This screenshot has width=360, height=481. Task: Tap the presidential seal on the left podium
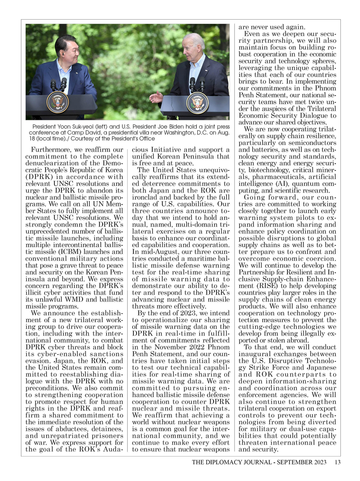(58, 102)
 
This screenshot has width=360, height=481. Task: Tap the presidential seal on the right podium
(197, 102)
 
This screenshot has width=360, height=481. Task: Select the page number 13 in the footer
(337, 462)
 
